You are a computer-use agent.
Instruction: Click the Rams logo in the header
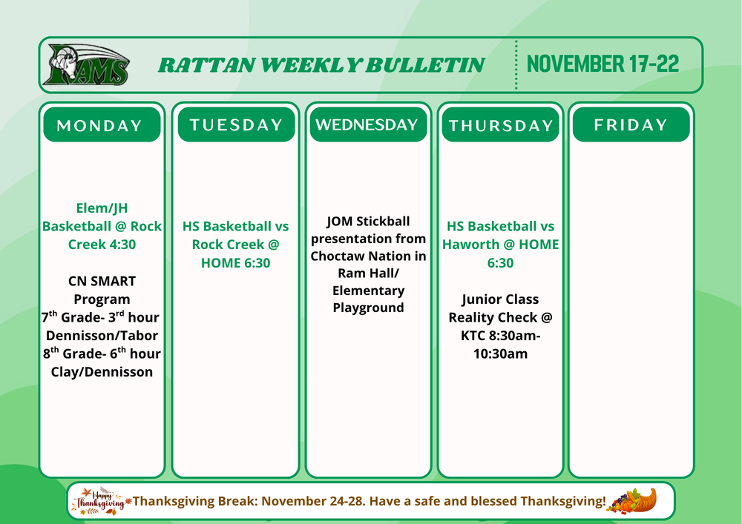(86, 64)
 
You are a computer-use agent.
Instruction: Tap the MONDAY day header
(102, 125)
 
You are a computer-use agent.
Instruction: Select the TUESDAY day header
(236, 125)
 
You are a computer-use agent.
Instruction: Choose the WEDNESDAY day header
(368, 125)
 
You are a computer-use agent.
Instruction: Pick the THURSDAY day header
(500, 125)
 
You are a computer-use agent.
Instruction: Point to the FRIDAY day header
(631, 125)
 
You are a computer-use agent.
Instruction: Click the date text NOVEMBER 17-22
(603, 63)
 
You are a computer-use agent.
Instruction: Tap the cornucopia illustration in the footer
(632, 501)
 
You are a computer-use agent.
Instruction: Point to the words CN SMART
(102, 281)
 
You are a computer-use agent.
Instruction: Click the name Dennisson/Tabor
(102, 336)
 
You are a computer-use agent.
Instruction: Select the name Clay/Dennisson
(102, 372)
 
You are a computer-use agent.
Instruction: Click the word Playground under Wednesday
(368, 308)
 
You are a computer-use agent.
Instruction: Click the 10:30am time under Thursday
(500, 354)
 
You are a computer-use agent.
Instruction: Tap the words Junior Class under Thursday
(500, 299)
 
